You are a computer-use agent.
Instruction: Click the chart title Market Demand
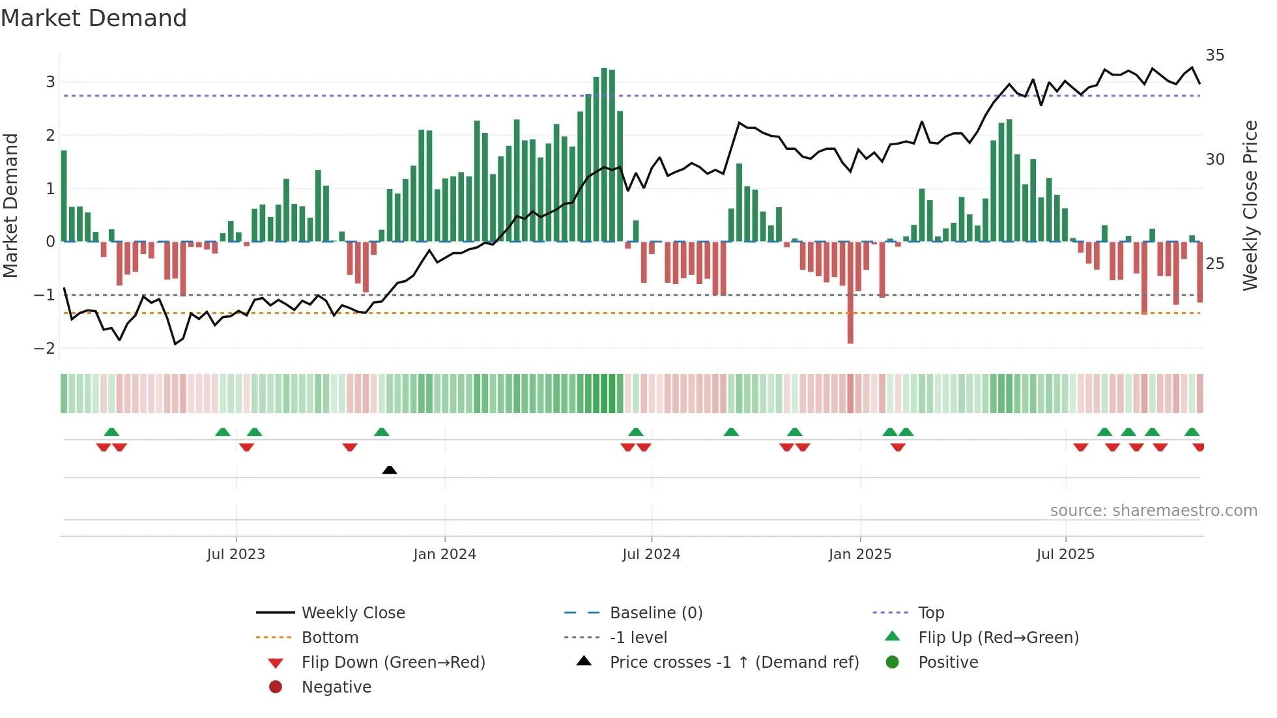click(x=94, y=18)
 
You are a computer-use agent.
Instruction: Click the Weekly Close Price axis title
click(x=1250, y=205)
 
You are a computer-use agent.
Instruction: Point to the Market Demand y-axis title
click(x=10, y=205)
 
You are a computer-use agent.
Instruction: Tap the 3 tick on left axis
click(x=50, y=82)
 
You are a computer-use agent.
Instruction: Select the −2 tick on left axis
click(x=45, y=349)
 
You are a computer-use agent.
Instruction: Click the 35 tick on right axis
click(x=1214, y=55)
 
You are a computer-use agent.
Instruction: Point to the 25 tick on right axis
click(x=1214, y=264)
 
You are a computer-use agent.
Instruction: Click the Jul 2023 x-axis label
click(x=236, y=554)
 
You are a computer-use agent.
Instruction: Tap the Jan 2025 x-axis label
click(x=860, y=554)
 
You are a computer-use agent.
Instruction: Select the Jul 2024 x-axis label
click(x=651, y=554)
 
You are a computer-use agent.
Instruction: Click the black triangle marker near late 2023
click(x=390, y=470)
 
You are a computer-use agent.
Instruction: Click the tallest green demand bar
click(x=604, y=155)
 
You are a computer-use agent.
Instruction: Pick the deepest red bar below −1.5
click(x=850, y=293)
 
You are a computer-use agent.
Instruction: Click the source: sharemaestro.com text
click(x=1153, y=511)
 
